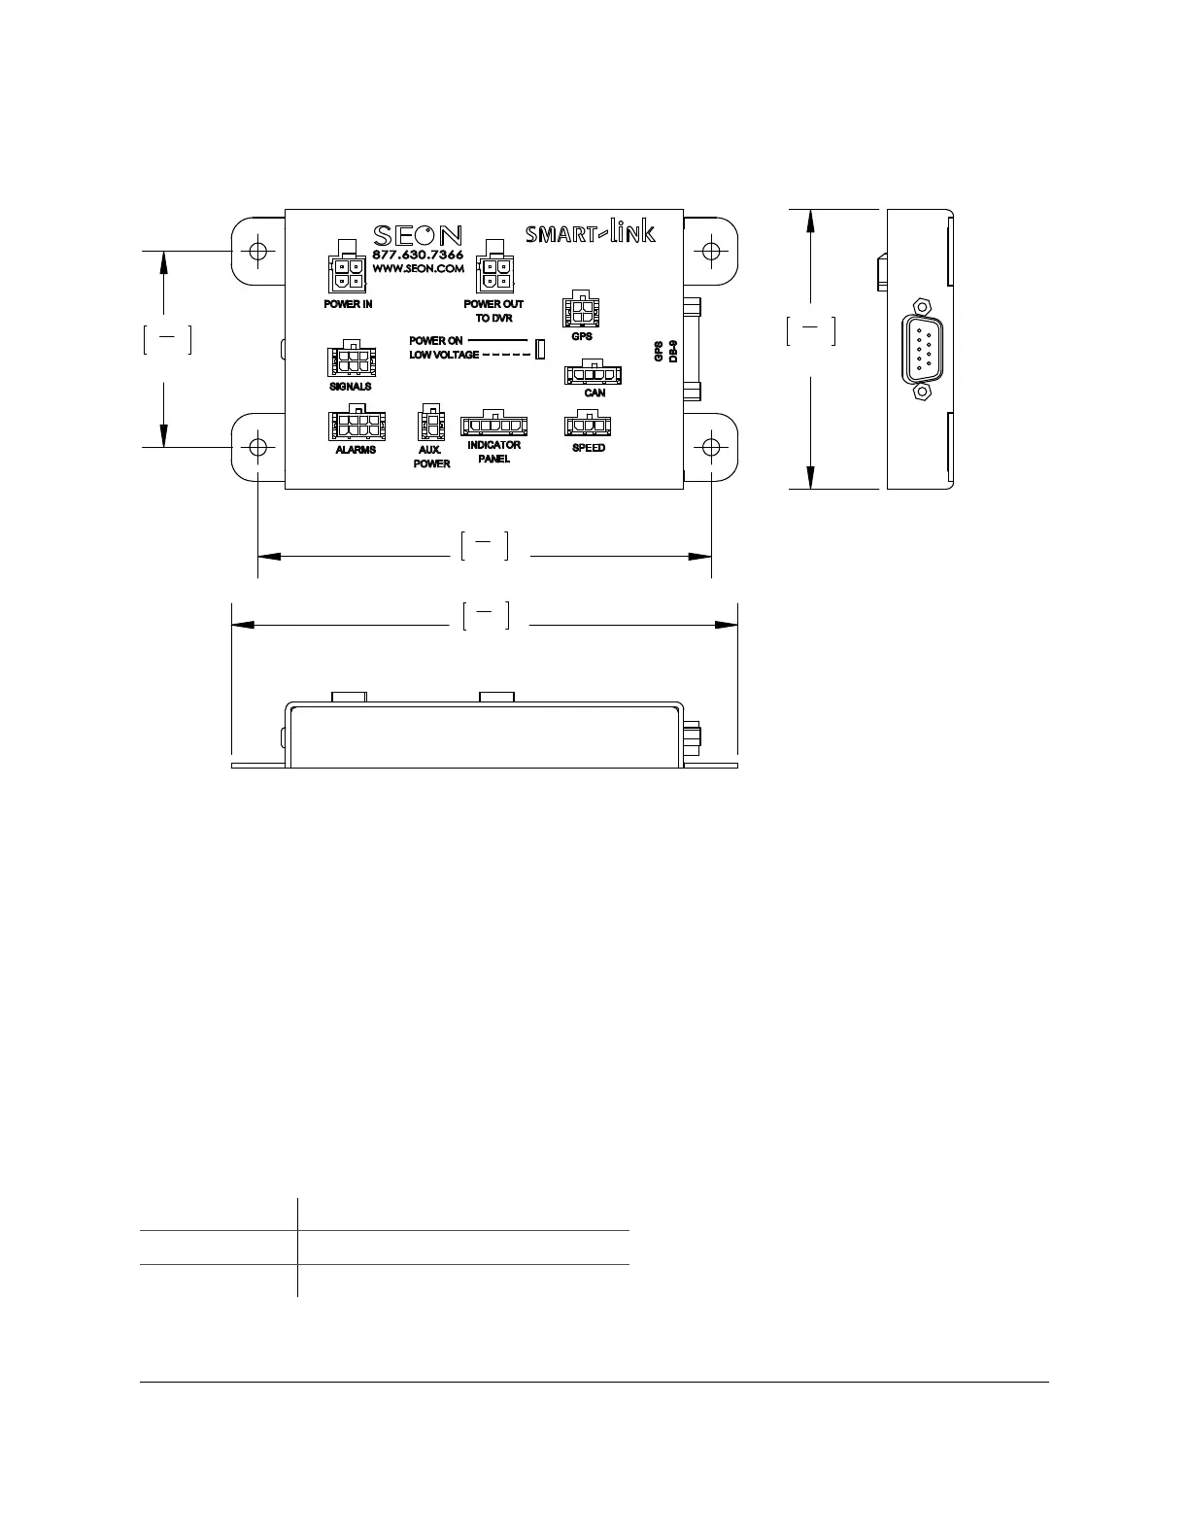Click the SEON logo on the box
(x=418, y=236)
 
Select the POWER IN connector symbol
(x=347, y=266)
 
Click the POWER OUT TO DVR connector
(x=494, y=266)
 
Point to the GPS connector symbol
(x=582, y=309)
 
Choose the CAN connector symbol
(x=593, y=372)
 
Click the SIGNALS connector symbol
(x=352, y=359)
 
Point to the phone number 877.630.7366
(x=418, y=255)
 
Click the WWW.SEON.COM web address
(x=418, y=269)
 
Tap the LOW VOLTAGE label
(x=444, y=355)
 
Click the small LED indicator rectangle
(x=540, y=349)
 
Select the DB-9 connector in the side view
(x=921, y=350)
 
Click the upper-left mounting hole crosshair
(x=257, y=251)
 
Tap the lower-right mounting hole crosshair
(x=711, y=447)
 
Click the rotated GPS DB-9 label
(x=665, y=352)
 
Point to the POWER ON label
(x=435, y=341)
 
